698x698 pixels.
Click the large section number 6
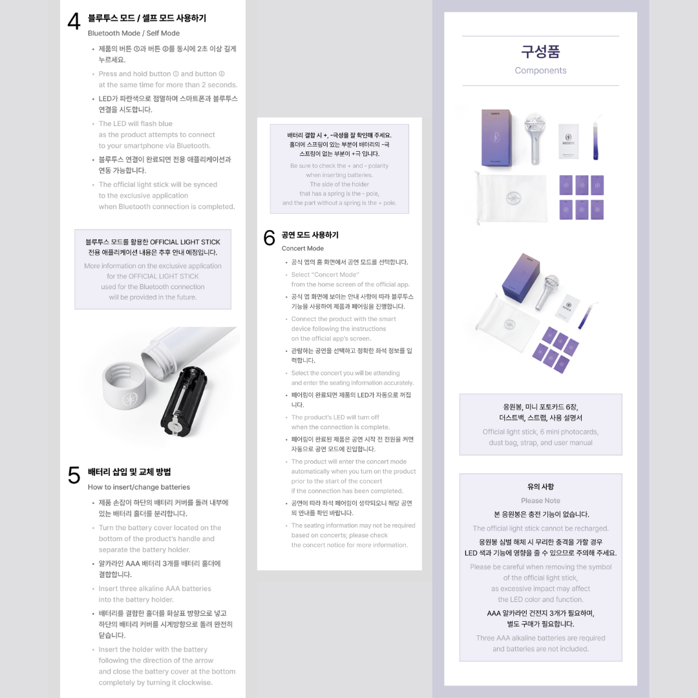coord(270,238)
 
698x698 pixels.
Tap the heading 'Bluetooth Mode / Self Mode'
coord(134,33)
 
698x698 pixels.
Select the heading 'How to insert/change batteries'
coord(139,487)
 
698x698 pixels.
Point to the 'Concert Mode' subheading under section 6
coord(302,248)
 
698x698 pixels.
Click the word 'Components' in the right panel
coord(540,70)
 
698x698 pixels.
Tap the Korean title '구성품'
coord(540,51)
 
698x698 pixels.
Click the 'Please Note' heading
coord(540,500)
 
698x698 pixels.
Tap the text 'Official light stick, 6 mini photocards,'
coord(540,432)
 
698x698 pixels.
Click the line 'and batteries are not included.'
coord(540,649)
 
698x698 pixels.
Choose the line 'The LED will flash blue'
coord(136,123)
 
